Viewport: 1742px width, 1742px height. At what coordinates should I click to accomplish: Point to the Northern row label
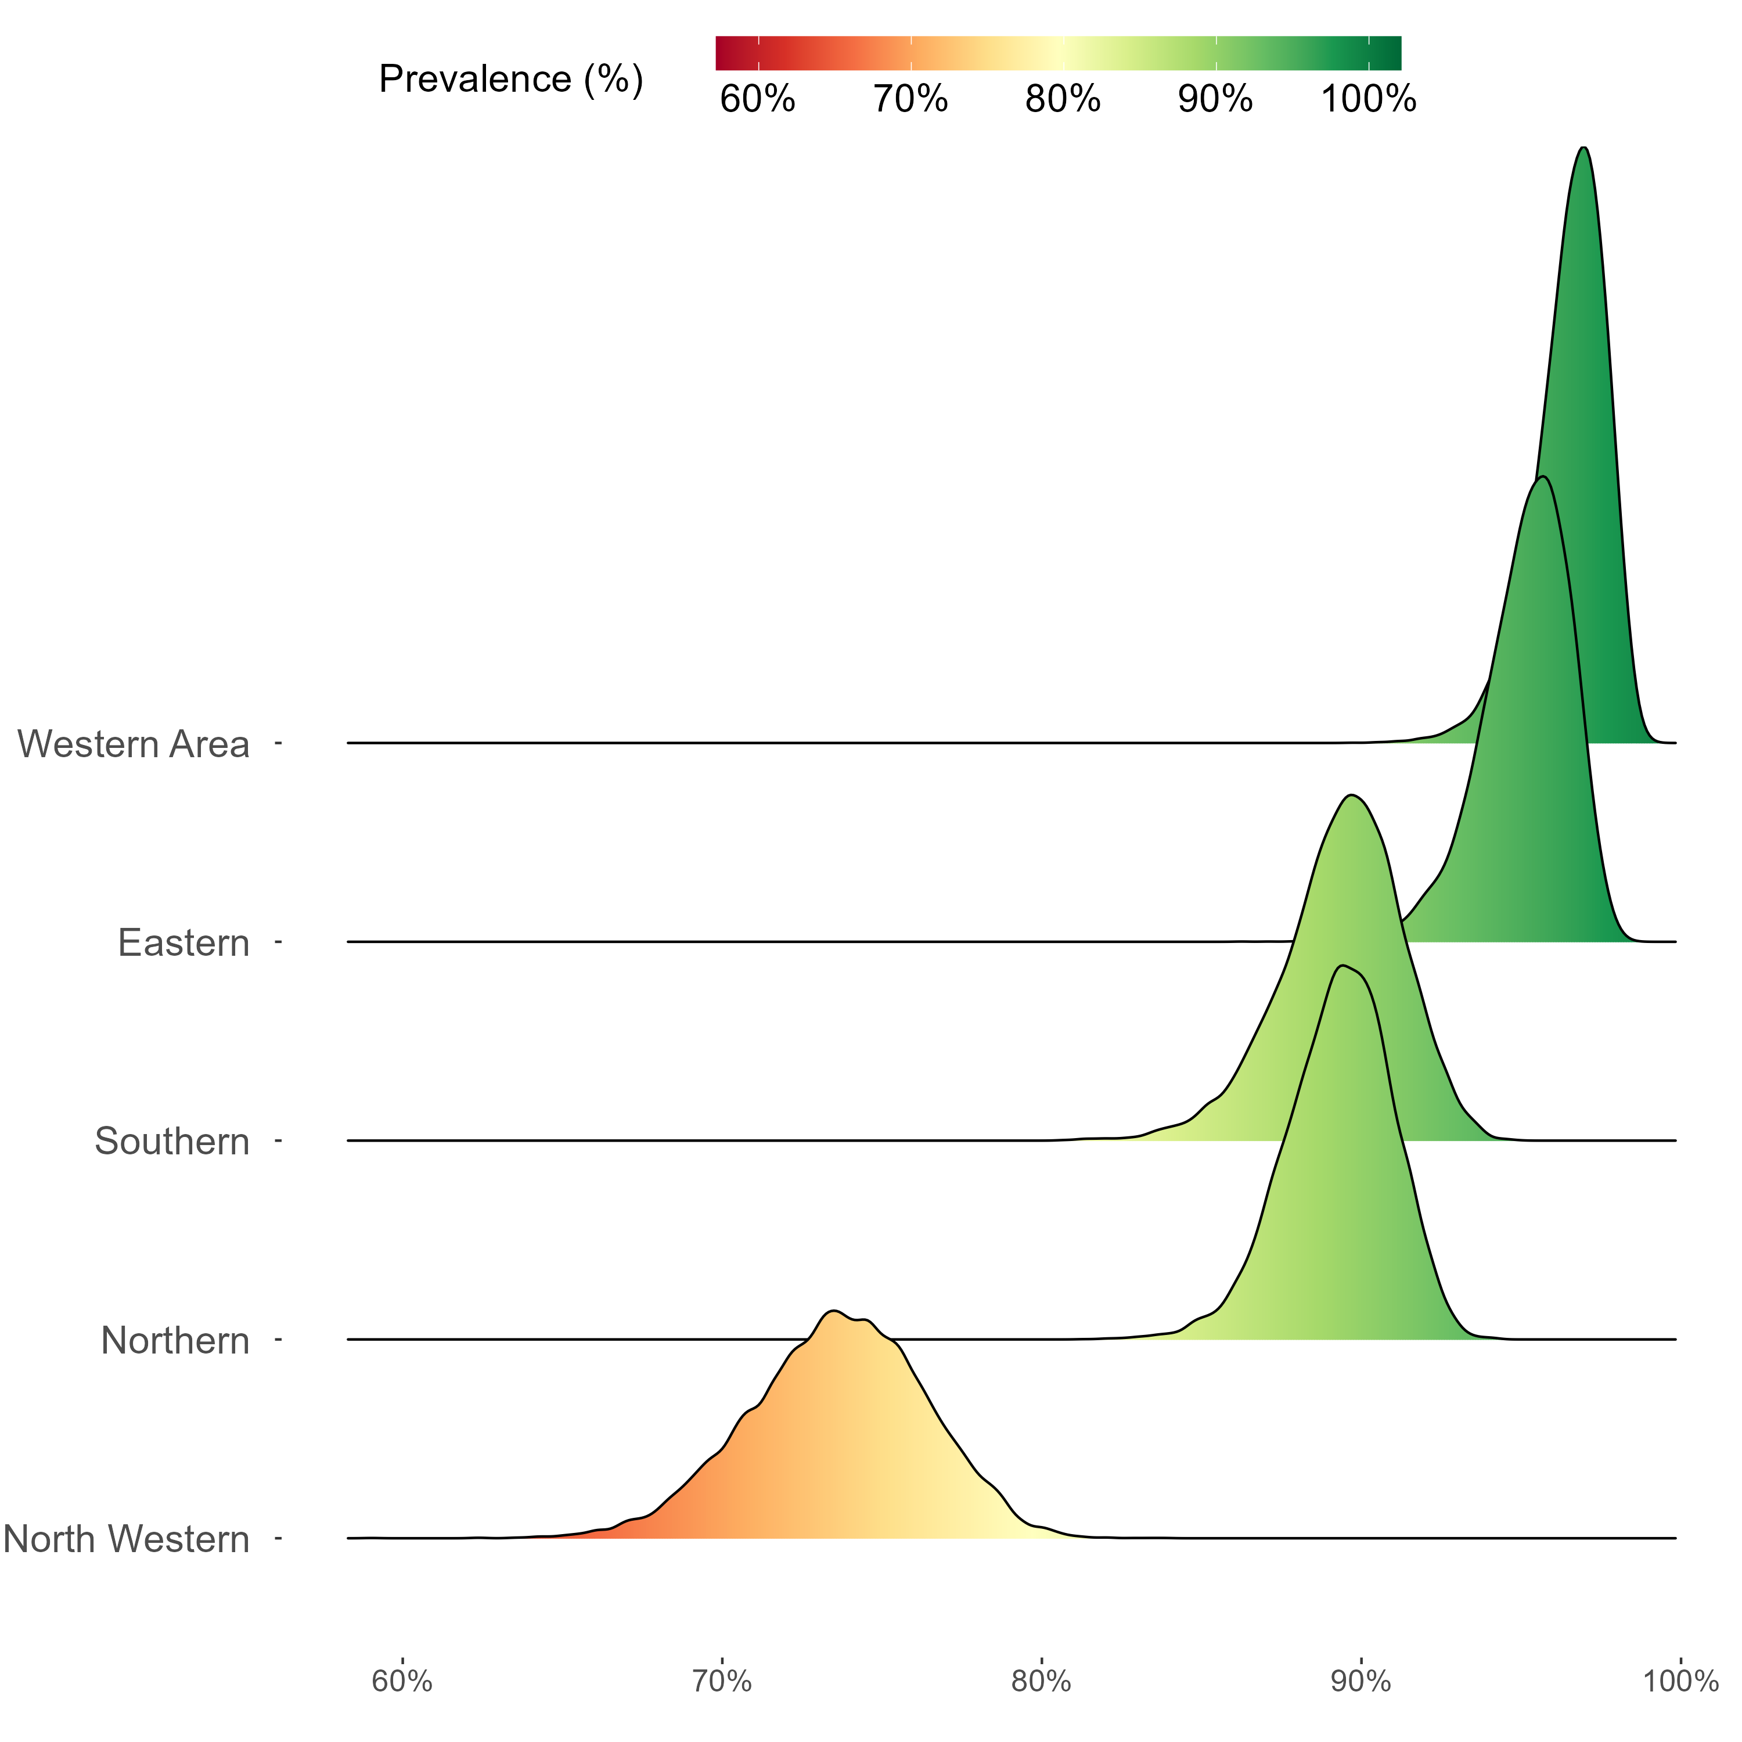point(175,1341)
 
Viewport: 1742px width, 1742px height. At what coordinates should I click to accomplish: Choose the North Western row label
point(126,1539)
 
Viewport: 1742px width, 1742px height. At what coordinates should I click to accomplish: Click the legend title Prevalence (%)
point(510,80)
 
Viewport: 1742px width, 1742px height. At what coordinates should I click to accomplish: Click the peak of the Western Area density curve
point(1584,148)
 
